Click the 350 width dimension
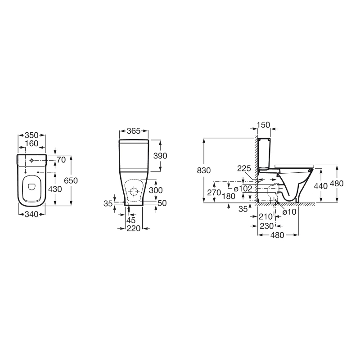31,135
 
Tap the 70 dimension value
62,160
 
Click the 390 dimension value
160,156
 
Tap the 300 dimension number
156,190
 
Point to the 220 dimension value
133,229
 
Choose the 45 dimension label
131,220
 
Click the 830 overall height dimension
204,171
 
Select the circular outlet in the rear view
134,192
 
